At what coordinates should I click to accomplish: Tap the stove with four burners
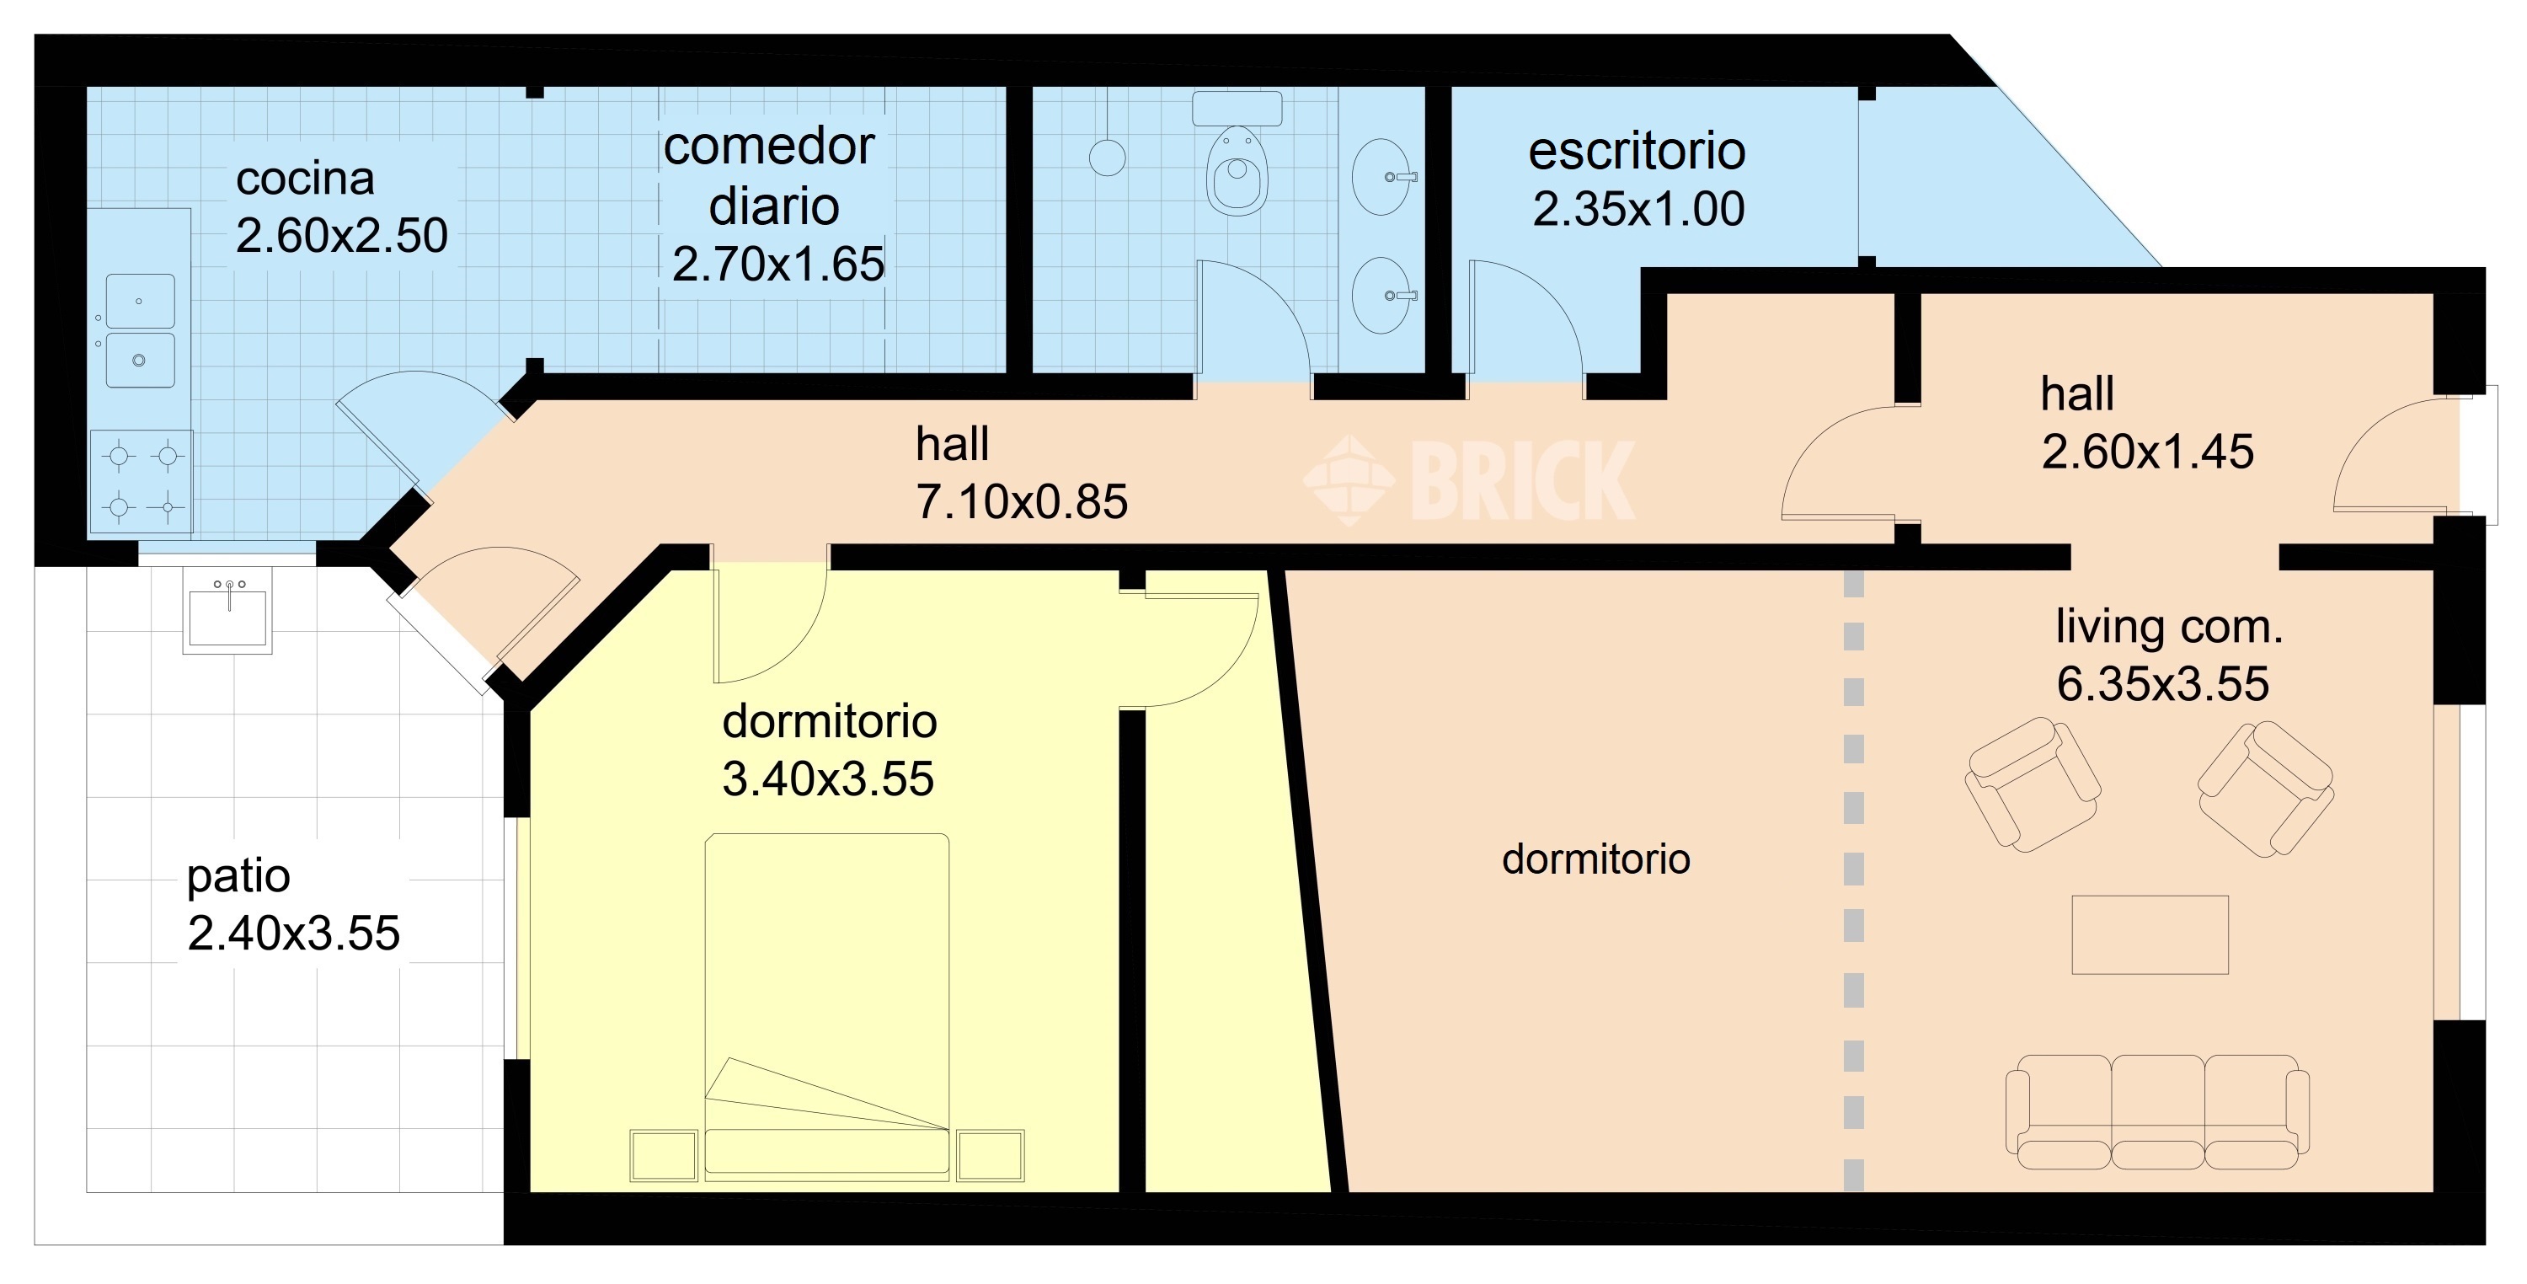pos(142,482)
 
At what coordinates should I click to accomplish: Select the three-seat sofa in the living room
pos(2157,1112)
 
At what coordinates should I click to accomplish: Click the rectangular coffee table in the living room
pos(2150,935)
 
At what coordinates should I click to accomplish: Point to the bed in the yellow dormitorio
pos(827,1005)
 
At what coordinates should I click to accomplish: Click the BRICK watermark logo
pos(1468,479)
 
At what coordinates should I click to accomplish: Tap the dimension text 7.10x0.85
pos(1021,502)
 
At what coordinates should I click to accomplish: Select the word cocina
pos(305,179)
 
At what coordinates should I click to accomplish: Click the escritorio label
pos(1637,151)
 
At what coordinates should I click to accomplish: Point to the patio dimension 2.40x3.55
pos(293,934)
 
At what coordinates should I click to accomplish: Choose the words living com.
pos(2170,627)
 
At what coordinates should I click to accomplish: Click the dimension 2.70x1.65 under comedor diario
pos(778,264)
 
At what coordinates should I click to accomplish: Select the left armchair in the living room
pos(2033,784)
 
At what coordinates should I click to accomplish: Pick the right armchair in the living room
pos(2266,789)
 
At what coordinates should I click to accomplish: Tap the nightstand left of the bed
pos(664,1155)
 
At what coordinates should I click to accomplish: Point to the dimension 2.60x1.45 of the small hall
pos(2147,452)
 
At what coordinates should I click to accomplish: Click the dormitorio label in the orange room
pos(1596,859)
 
